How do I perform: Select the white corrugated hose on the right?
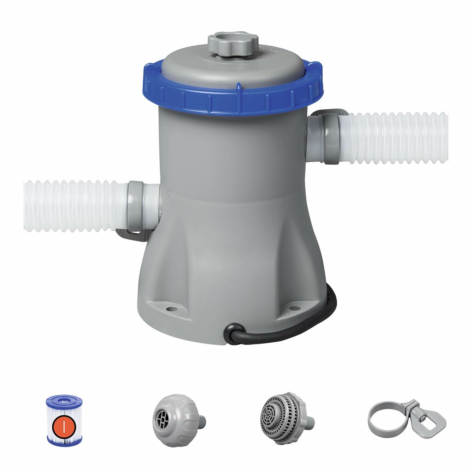tap(397, 137)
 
